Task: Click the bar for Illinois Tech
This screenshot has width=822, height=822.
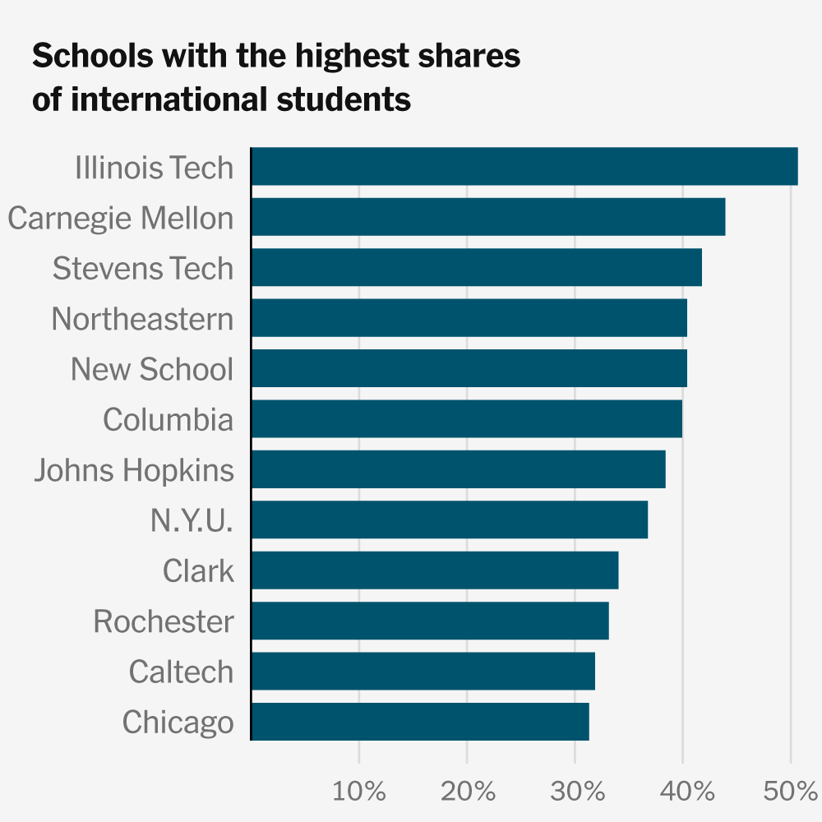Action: coord(524,167)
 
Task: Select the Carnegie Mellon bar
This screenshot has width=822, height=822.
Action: coord(487,217)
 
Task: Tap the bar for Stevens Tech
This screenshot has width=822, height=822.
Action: coord(476,268)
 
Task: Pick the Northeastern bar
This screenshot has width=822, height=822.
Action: coord(469,318)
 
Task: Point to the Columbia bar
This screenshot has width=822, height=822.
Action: coord(466,419)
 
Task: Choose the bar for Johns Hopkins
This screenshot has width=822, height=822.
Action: coord(458,469)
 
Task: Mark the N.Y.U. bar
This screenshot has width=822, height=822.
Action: coord(449,520)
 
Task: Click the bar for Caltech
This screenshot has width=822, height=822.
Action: coord(423,672)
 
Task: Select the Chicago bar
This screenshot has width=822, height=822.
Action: coord(419,722)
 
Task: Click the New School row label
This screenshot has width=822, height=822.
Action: coord(152,369)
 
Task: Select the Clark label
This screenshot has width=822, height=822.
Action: coord(198,570)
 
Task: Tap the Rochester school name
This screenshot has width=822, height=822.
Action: coord(164,621)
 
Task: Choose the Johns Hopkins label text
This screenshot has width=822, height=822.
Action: coord(134,470)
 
